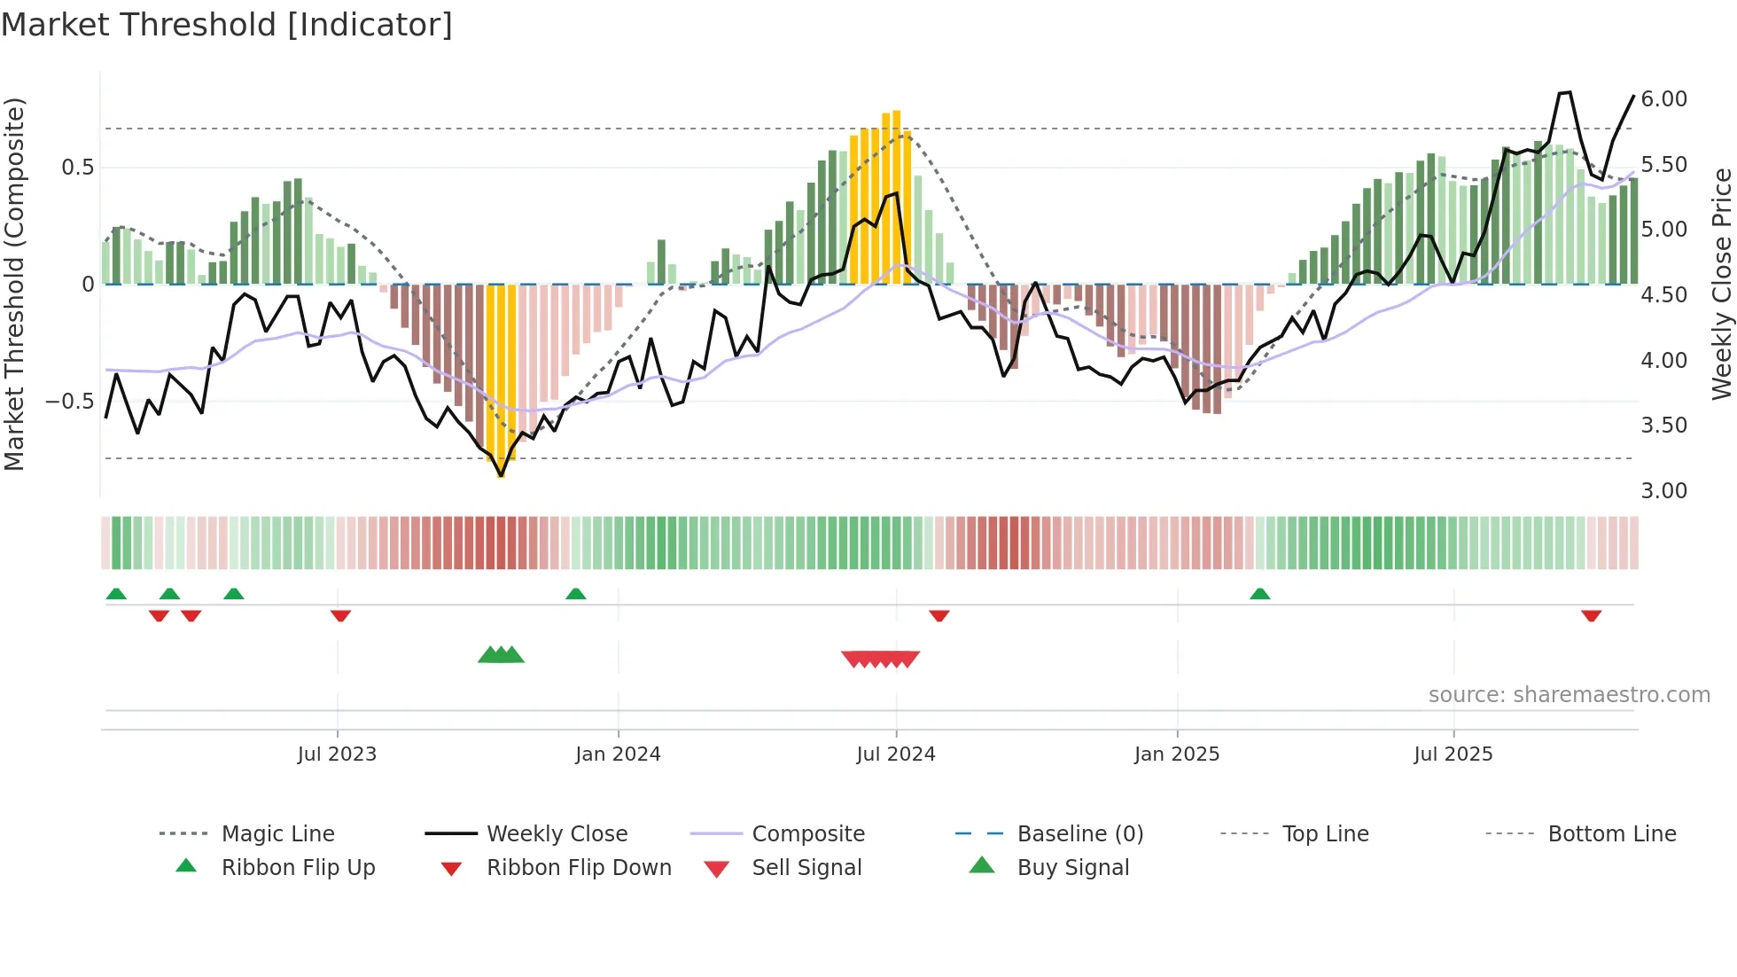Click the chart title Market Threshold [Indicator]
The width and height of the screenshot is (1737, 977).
click(227, 25)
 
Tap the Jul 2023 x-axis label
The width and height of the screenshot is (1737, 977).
click(337, 754)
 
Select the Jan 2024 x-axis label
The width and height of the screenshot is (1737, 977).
click(618, 754)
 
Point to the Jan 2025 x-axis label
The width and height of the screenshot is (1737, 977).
click(1177, 754)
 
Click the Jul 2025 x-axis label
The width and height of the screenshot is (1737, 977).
click(1453, 754)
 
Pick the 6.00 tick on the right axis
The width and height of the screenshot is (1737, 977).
click(1663, 99)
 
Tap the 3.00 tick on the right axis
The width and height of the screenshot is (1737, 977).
click(1663, 491)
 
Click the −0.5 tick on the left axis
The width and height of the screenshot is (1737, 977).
click(69, 402)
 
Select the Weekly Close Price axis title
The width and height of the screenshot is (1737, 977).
click(1721, 284)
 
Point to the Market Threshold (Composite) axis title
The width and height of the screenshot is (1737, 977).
click(14, 284)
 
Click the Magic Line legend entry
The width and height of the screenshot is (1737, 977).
click(277, 834)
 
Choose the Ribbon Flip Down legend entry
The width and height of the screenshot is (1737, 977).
click(579, 868)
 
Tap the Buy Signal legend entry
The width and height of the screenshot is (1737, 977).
click(1072, 868)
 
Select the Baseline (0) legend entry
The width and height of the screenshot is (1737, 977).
click(1079, 834)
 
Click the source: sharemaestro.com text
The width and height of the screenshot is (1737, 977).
click(1569, 695)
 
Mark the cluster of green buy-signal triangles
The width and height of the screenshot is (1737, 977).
click(501, 655)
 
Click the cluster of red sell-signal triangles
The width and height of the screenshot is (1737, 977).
click(880, 659)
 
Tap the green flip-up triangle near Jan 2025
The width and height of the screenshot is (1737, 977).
click(1259, 593)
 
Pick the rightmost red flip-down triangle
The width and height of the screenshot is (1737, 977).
click(1591, 615)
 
